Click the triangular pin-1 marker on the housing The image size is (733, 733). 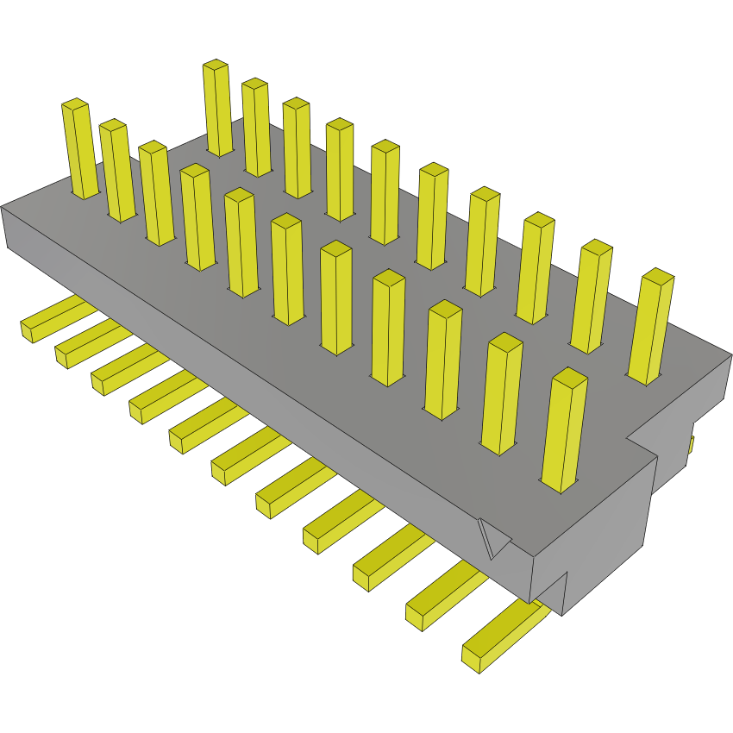coord(493,538)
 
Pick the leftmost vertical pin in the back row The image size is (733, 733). coord(217,108)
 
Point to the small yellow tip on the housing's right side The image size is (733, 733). coord(691,444)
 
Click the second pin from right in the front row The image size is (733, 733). coord(503,394)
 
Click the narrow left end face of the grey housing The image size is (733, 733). coord(4,229)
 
